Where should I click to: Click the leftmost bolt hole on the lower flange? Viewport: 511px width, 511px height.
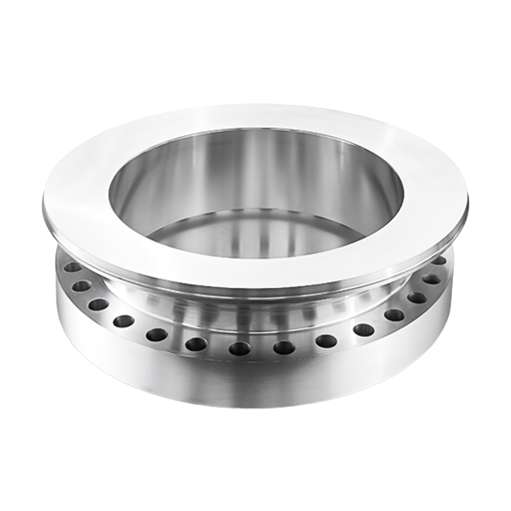(x=72, y=268)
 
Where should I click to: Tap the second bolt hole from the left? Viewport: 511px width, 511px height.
(x=81, y=286)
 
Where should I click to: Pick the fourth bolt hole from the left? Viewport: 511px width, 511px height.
(x=124, y=321)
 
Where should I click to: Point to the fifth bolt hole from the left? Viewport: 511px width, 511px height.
(x=156, y=334)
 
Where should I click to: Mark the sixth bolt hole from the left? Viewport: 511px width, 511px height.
(x=196, y=344)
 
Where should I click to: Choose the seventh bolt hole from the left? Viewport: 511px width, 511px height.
(x=240, y=348)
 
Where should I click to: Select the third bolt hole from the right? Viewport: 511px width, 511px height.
(x=417, y=297)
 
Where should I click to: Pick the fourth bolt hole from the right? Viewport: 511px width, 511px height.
(x=394, y=314)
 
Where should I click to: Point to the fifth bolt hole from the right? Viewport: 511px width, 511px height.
(x=363, y=330)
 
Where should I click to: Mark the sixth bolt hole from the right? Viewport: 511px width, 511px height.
(x=326, y=340)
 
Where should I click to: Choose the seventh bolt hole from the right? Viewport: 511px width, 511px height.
(x=284, y=347)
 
